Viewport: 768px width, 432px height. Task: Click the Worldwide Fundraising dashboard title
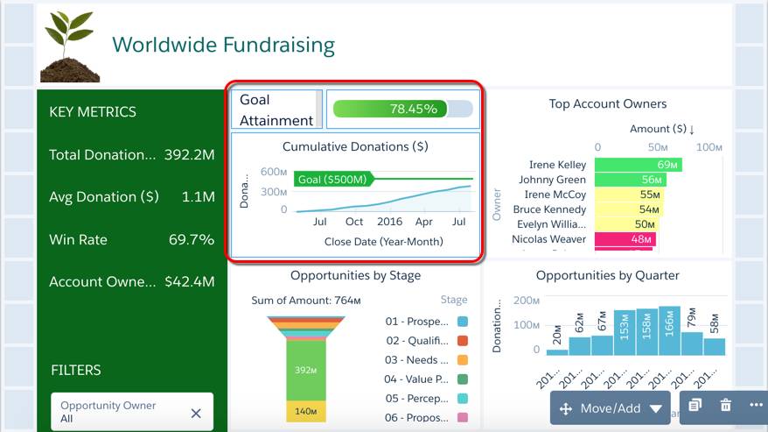(x=223, y=45)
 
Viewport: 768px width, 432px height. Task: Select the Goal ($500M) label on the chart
(x=333, y=179)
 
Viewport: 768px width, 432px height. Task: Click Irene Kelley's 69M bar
(x=638, y=165)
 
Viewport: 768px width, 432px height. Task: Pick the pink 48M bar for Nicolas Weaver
(x=625, y=239)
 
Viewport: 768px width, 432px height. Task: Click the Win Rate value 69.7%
(x=190, y=239)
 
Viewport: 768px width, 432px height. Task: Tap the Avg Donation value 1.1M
(x=197, y=197)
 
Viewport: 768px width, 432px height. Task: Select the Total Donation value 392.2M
(x=189, y=155)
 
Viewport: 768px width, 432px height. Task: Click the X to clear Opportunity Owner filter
(x=196, y=413)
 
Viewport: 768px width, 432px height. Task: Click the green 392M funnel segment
(x=304, y=371)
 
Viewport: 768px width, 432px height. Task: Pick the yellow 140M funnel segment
(x=304, y=411)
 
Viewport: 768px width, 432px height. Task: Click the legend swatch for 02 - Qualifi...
(x=462, y=341)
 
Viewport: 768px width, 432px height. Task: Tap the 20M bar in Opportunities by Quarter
(x=557, y=351)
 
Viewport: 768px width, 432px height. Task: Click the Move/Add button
(x=611, y=408)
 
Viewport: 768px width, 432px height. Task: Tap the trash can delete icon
(x=725, y=405)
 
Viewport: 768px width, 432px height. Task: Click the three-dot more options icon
(x=757, y=405)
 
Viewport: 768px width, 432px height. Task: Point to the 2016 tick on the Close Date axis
(x=389, y=222)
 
